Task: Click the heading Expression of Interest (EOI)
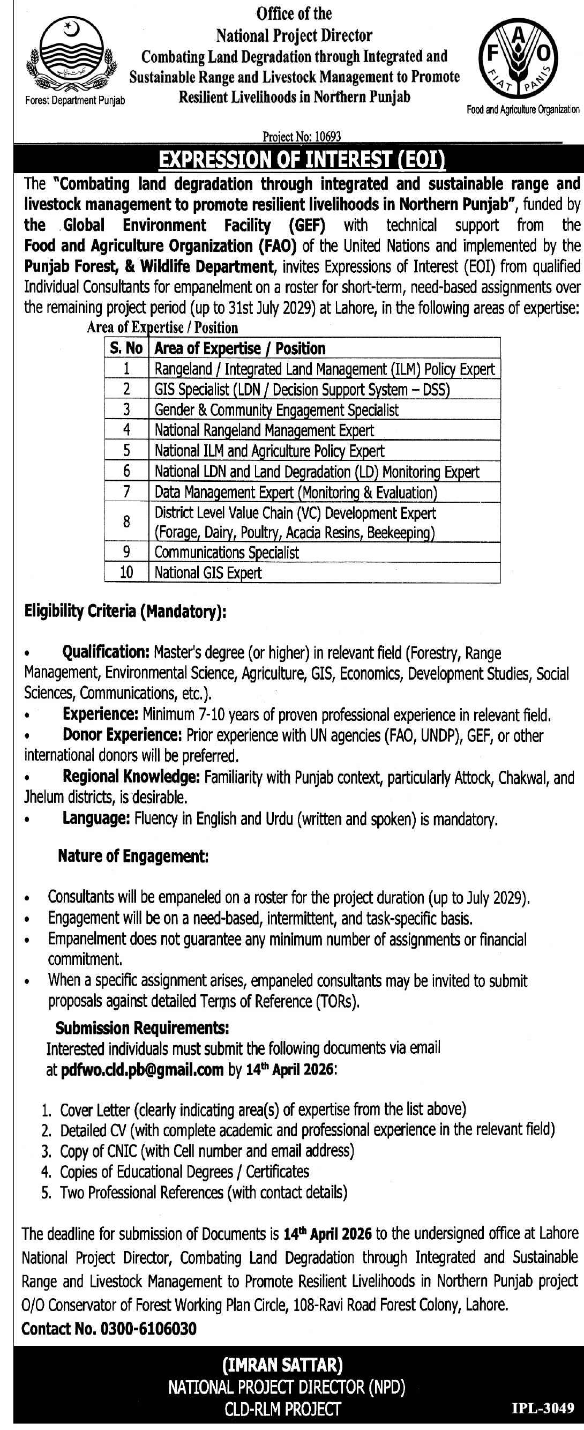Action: tap(302, 160)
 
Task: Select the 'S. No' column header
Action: tap(126, 348)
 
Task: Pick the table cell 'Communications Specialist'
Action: tap(227, 553)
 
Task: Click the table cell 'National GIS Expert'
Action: tap(208, 573)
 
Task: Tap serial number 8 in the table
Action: tap(126, 522)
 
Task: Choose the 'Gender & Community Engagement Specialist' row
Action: tap(276, 410)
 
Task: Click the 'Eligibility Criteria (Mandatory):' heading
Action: tap(125, 611)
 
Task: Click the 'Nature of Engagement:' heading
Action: tap(133, 856)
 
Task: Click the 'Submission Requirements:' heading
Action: tap(142, 1028)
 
